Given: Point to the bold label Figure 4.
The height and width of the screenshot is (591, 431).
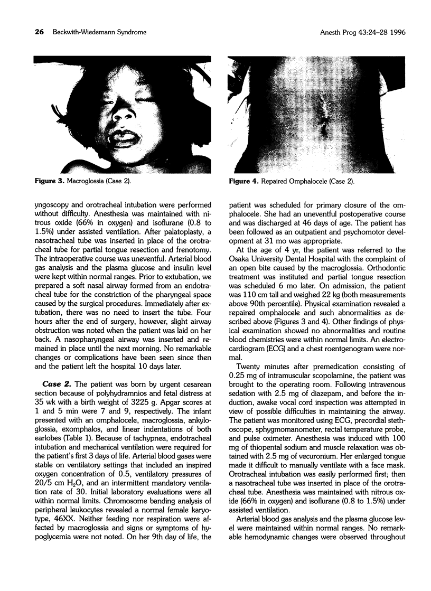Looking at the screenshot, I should (245, 182).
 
